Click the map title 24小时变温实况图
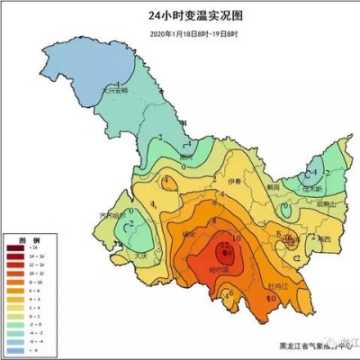[x=181, y=16]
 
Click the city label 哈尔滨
[x=219, y=268]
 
